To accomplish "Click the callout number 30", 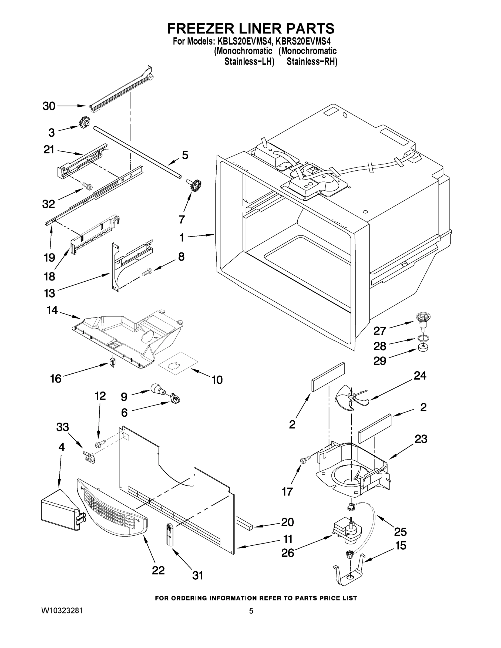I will [49, 106].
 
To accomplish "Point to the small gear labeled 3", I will [84, 122].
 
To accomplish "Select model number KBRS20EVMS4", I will [303, 41].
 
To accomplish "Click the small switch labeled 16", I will [112, 362].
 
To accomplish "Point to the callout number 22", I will [158, 570].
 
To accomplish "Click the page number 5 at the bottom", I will [251, 611].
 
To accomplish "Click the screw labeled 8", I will [147, 271].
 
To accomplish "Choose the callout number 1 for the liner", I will [182, 237].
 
